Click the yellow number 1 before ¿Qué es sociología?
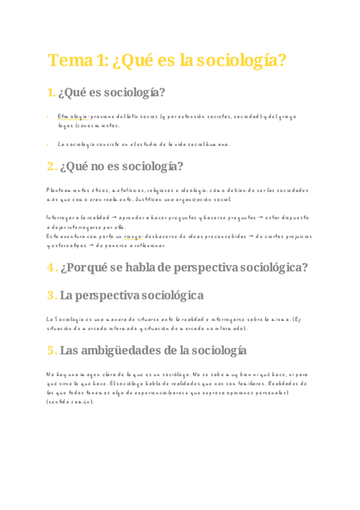click(51, 93)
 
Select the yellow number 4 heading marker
click(52, 268)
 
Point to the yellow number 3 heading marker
click(52, 295)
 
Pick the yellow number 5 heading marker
click(52, 350)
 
